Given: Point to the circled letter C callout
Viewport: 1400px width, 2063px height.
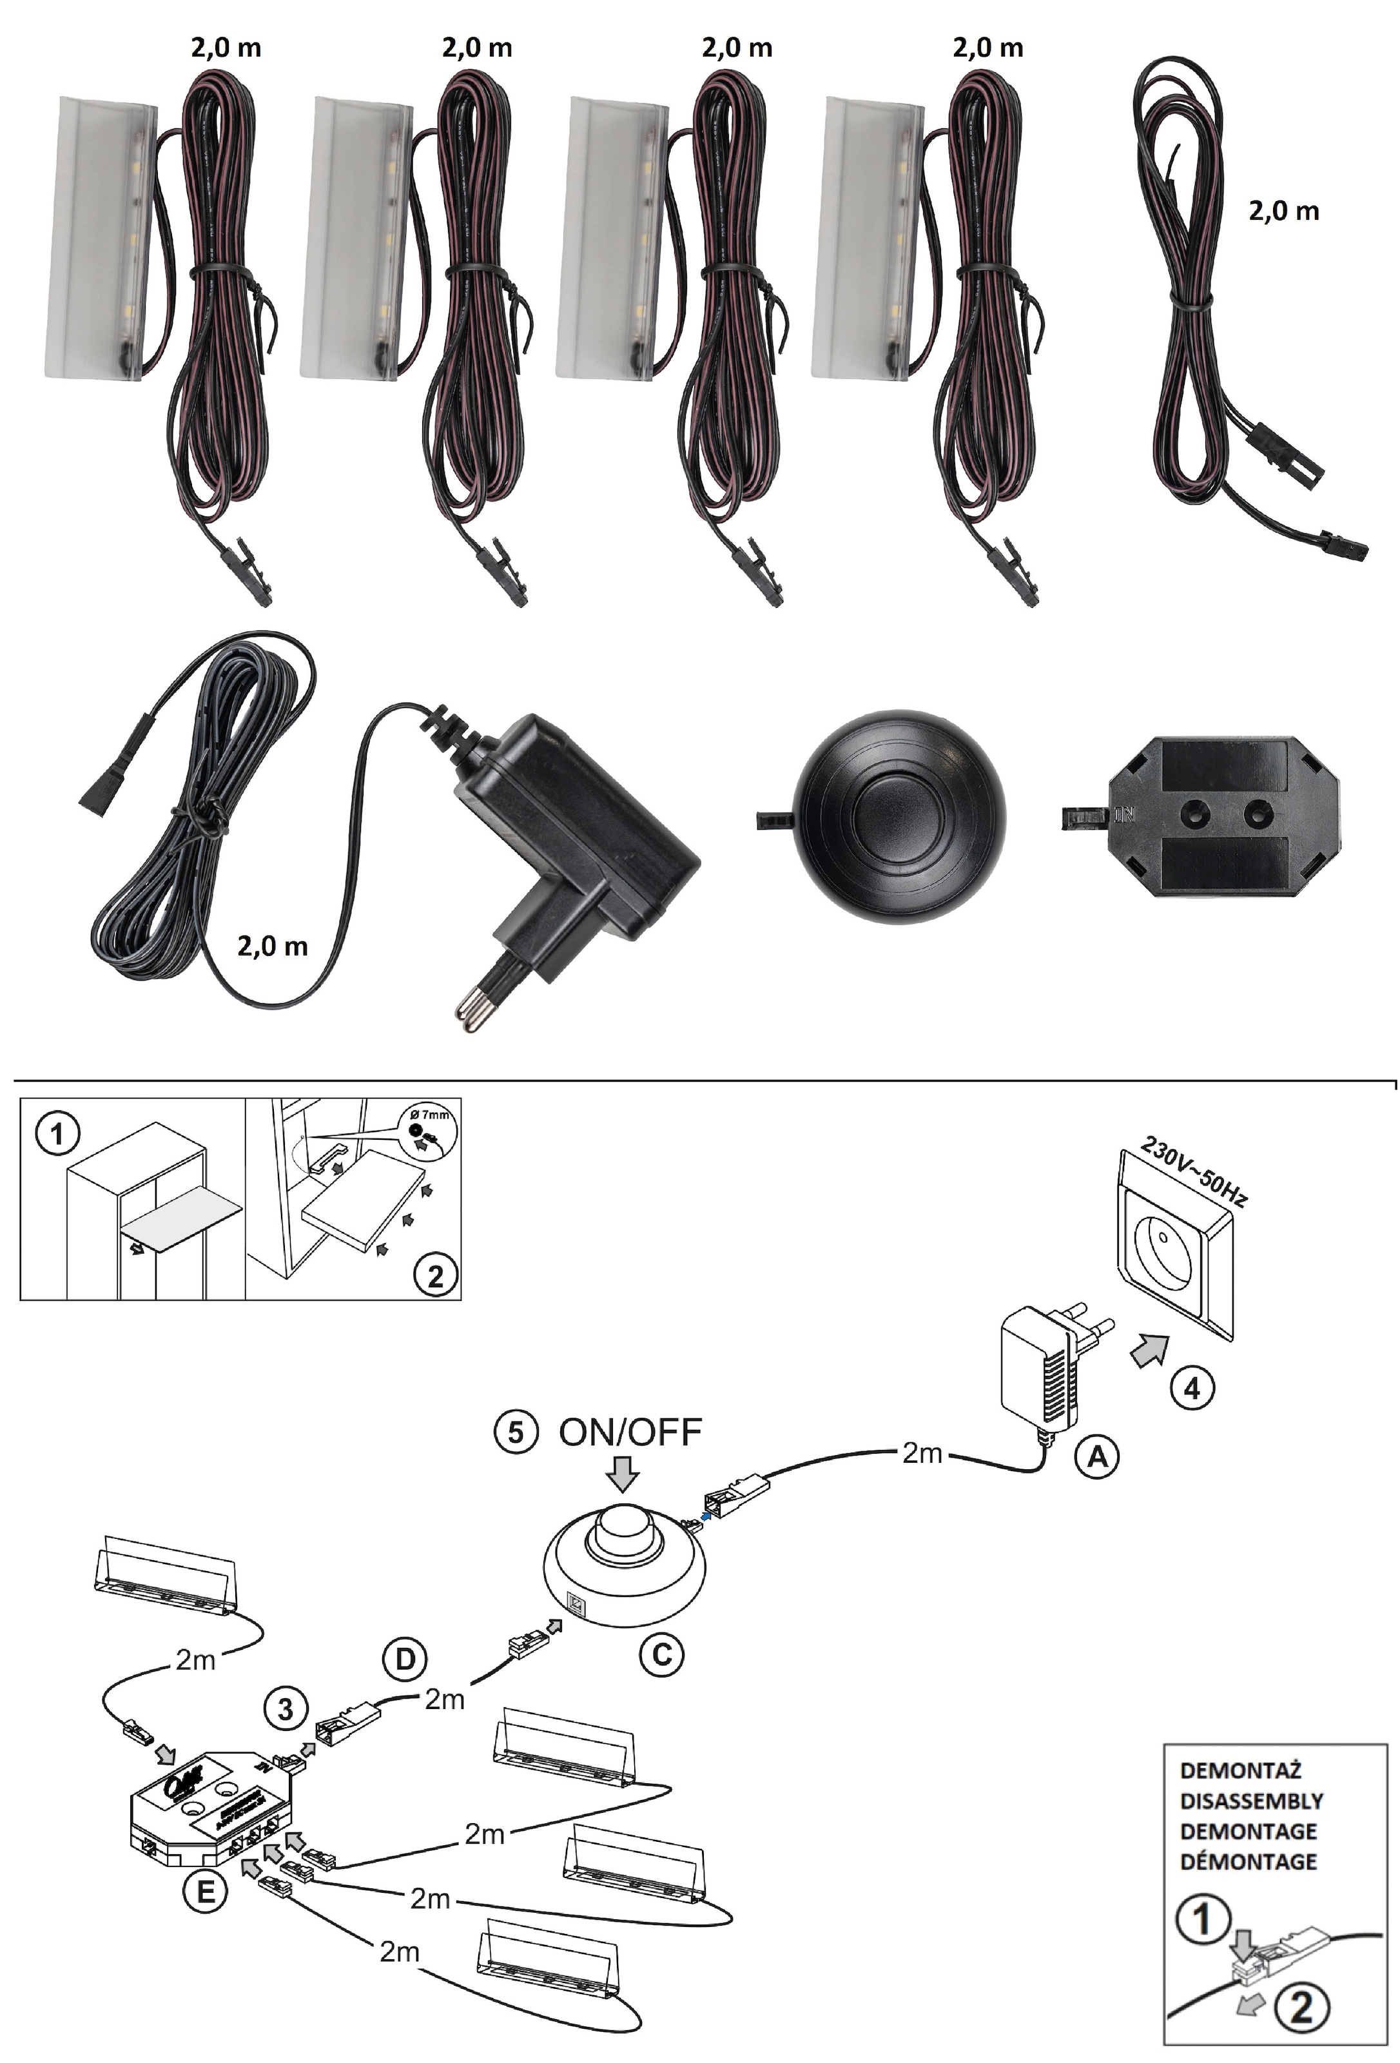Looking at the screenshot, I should point(661,1654).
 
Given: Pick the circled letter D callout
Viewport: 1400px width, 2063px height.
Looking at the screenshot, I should point(405,1659).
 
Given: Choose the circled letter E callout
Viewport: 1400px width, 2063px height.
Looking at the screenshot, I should point(205,1892).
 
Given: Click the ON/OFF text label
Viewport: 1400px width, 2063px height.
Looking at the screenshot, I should point(630,1432).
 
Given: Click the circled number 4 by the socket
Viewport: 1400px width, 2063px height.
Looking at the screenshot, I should point(1191,1387).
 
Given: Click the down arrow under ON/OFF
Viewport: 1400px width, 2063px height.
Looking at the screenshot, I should point(625,1474).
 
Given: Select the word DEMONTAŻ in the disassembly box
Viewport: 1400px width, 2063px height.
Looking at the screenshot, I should point(1240,1770).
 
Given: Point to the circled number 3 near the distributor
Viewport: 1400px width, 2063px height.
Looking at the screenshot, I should point(286,1709).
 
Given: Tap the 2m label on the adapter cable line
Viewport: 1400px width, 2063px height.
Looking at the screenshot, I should point(922,1453).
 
